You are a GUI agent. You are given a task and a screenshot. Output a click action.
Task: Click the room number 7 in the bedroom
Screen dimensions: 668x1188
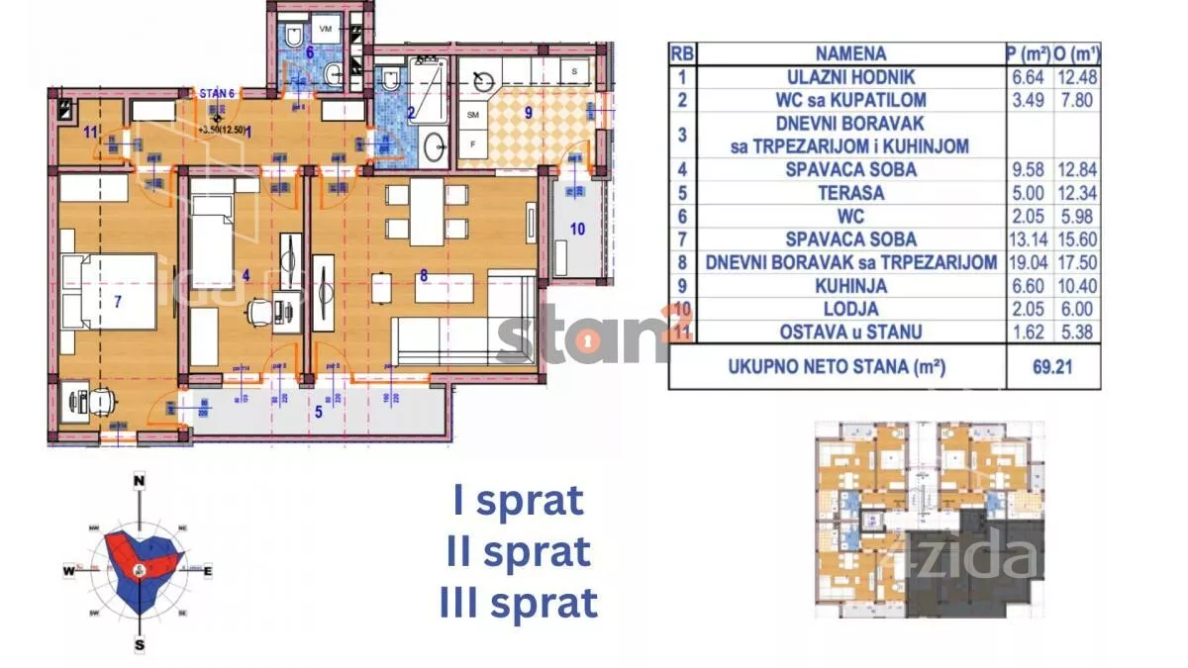click(x=117, y=302)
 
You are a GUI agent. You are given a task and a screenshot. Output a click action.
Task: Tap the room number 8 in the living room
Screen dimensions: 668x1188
click(x=424, y=277)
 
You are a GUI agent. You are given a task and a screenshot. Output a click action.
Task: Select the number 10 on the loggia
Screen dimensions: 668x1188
click(x=577, y=230)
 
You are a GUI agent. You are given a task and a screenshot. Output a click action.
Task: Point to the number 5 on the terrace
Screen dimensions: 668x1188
click(x=318, y=412)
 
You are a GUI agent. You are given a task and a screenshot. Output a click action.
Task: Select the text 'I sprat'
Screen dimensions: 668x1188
click(x=518, y=501)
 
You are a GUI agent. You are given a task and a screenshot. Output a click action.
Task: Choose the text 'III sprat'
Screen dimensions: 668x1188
click(x=518, y=602)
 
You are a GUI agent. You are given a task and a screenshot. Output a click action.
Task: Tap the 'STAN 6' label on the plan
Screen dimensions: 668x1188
click(x=217, y=95)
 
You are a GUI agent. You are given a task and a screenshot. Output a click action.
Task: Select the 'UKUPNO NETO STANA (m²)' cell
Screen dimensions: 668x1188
click(x=837, y=366)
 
